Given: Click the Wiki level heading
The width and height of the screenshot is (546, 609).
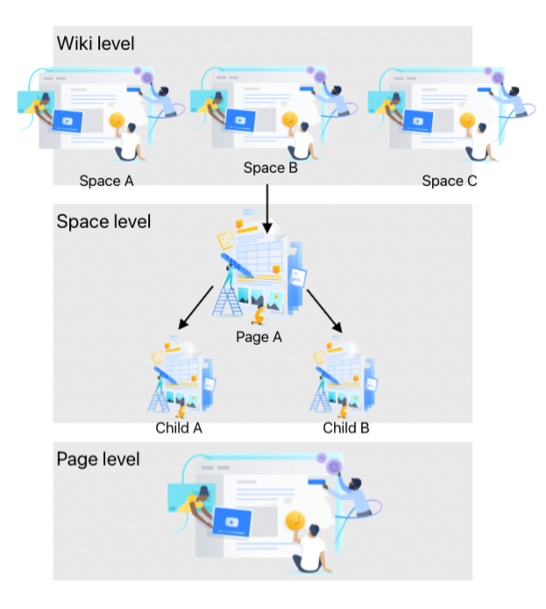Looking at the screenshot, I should (x=96, y=43).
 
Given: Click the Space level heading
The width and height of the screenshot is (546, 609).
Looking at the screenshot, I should (x=103, y=221).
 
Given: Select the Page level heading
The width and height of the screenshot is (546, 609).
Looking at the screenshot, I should (x=98, y=459).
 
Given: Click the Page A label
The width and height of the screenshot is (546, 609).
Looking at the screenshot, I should (x=259, y=337).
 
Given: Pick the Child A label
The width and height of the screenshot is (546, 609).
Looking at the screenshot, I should (x=179, y=428).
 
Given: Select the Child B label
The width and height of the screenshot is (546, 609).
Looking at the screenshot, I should (x=345, y=428).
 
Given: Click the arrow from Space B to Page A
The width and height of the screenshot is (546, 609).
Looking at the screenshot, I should (x=265, y=203).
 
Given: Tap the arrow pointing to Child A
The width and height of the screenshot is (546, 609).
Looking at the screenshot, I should (x=195, y=308).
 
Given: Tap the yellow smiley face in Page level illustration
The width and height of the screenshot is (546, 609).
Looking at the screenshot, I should (x=294, y=520).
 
